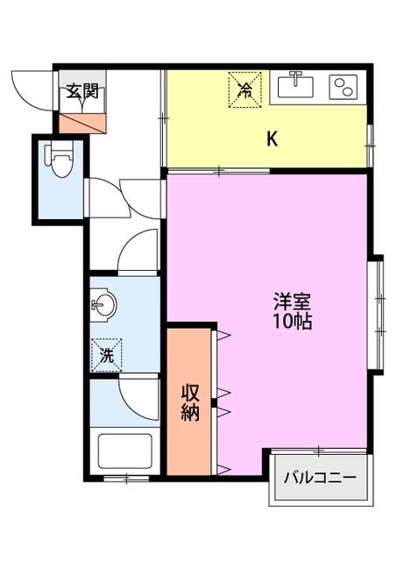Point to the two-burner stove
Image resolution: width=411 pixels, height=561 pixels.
343,86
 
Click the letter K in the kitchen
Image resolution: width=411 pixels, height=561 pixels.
273,138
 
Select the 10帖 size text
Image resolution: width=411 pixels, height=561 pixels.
292,322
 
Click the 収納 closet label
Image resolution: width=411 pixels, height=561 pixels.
190,402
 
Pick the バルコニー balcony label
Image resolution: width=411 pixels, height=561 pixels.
319,479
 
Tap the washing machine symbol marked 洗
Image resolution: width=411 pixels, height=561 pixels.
106,355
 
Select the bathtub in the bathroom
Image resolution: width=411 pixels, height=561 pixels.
124,451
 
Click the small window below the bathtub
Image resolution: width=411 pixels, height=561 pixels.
125,479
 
